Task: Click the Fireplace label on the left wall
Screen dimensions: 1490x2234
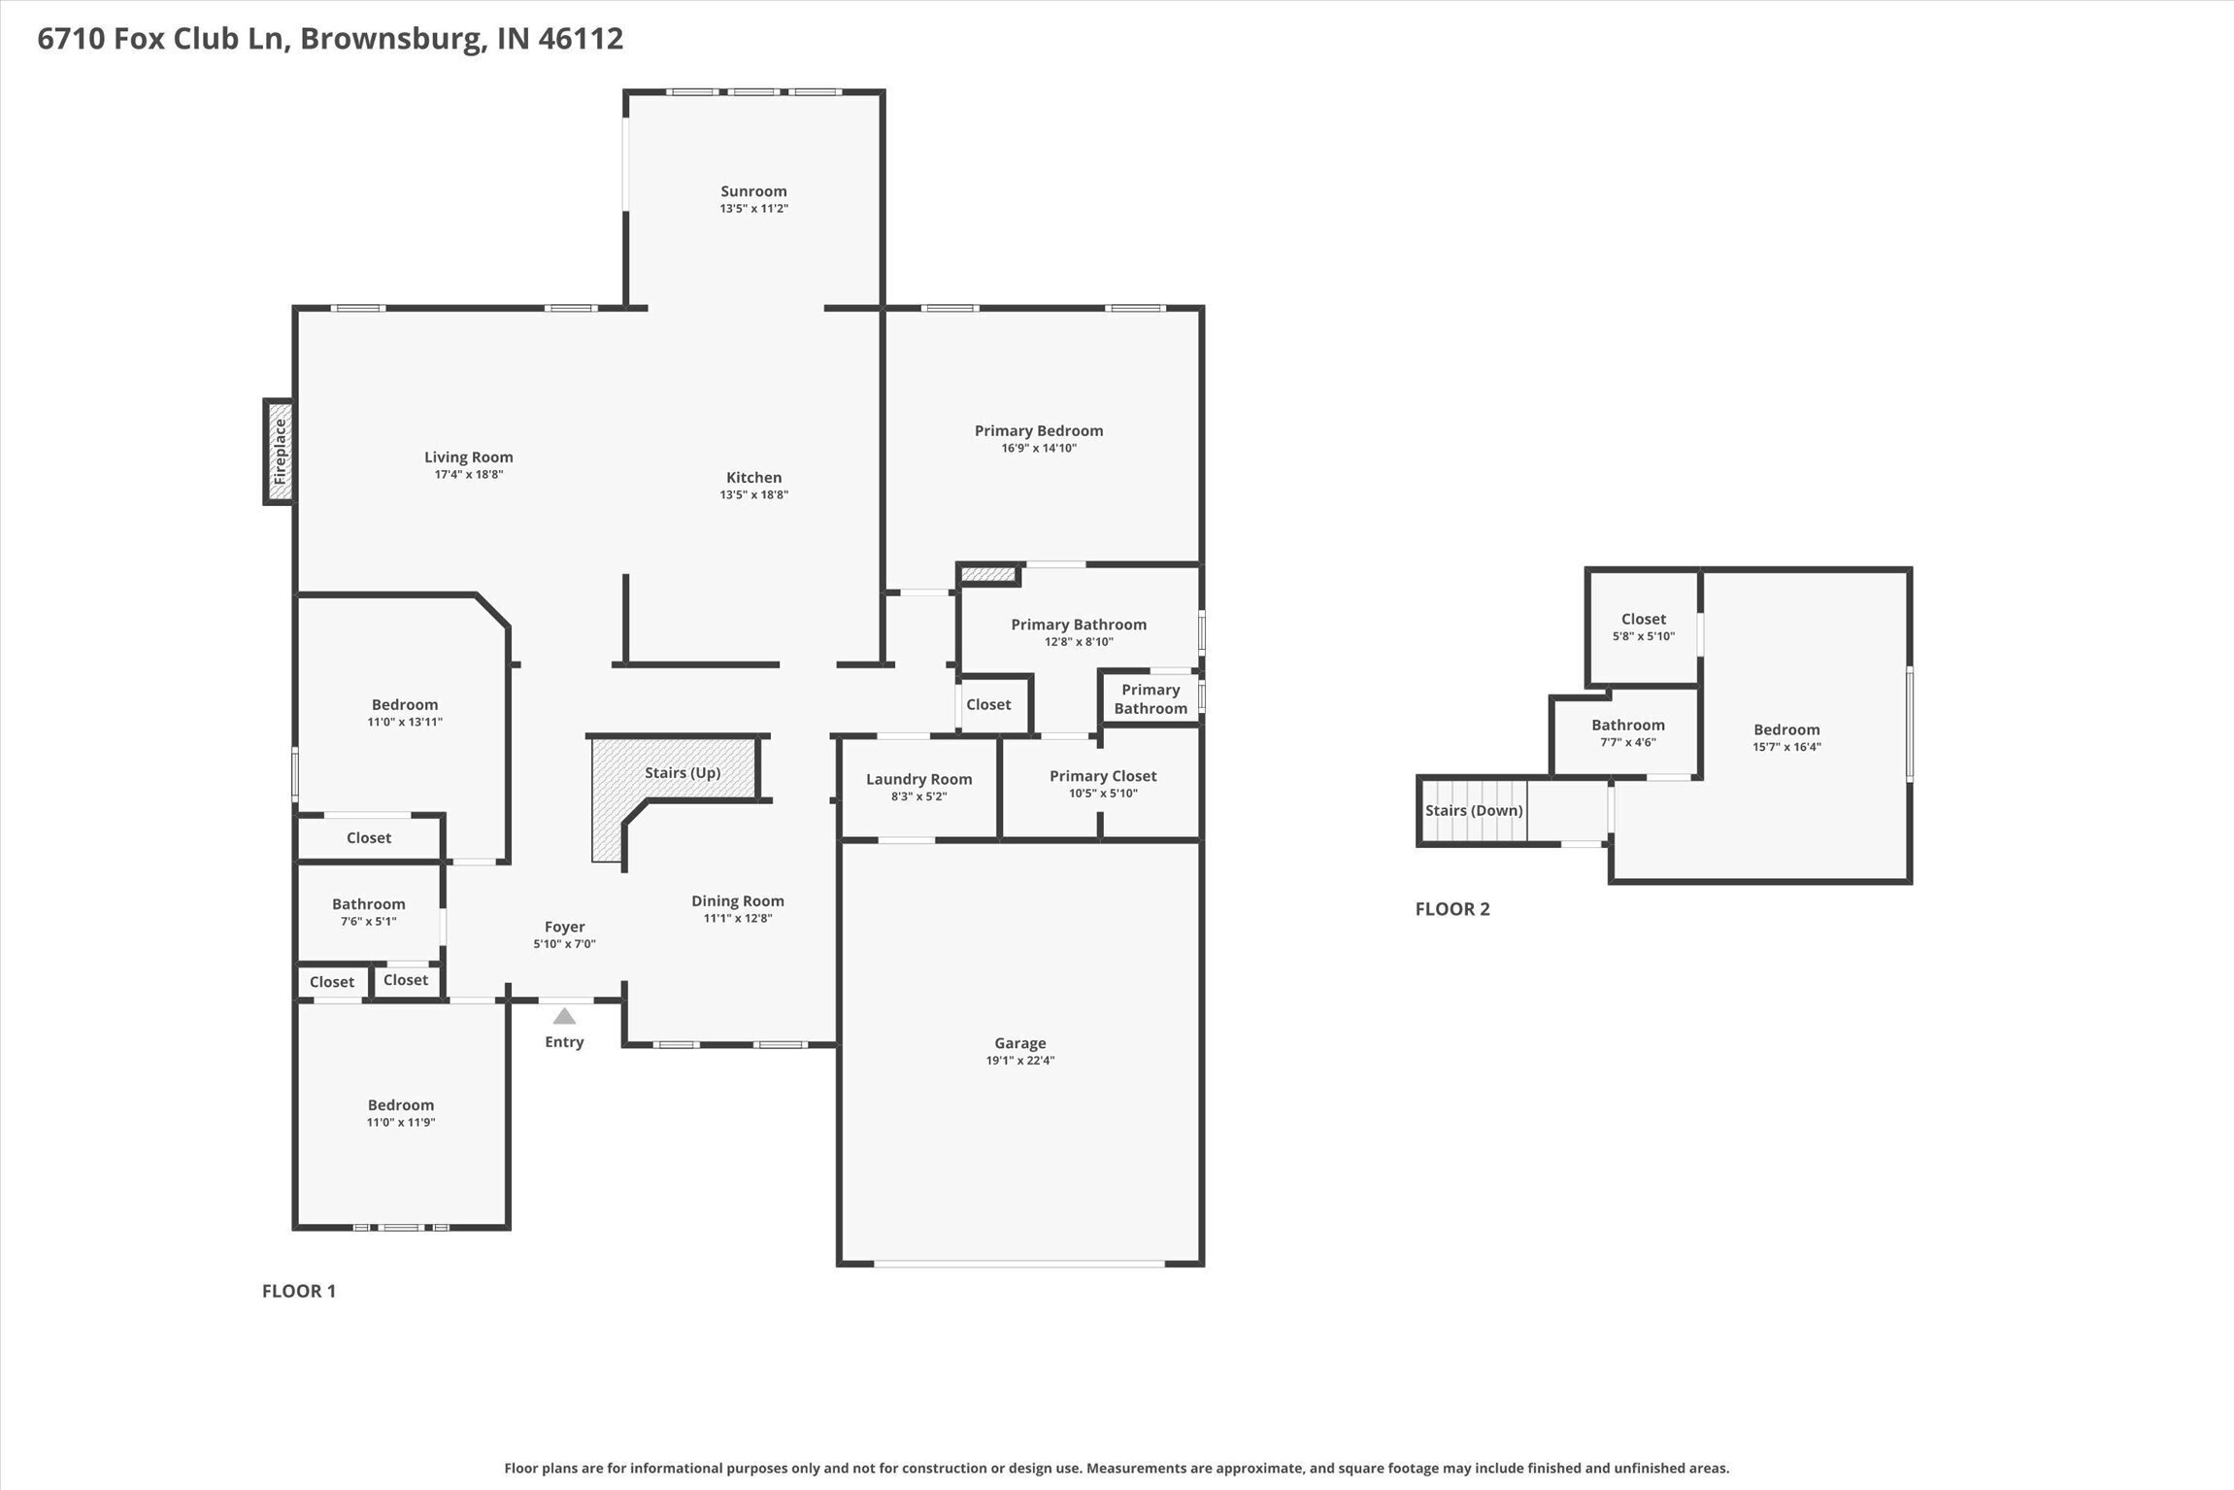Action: coord(280,452)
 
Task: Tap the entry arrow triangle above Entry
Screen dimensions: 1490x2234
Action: coord(564,1016)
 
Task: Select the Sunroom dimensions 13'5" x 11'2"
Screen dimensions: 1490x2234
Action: coord(753,209)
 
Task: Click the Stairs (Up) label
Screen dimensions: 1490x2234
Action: coord(683,772)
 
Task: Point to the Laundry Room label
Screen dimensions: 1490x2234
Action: coord(918,779)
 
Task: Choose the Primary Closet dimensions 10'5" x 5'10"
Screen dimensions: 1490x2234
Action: coord(1103,794)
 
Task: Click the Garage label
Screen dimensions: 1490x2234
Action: coord(1019,1043)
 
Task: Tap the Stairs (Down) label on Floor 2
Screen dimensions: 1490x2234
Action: coord(1473,810)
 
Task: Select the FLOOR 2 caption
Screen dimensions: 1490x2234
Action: coord(1452,909)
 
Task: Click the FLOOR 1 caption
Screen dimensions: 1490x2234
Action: coord(299,1291)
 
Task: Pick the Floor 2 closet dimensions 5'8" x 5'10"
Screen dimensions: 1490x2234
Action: coord(1643,637)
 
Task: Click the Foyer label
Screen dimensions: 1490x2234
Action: coord(564,927)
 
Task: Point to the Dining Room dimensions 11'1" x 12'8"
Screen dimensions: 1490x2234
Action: coord(737,919)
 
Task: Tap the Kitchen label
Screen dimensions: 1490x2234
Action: coord(753,477)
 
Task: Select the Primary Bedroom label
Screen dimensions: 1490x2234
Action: coord(1039,430)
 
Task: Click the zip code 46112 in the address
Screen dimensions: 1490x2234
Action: coord(580,39)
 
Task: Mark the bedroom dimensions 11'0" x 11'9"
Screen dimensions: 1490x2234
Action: coord(400,1123)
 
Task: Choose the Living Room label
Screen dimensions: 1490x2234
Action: coord(468,457)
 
